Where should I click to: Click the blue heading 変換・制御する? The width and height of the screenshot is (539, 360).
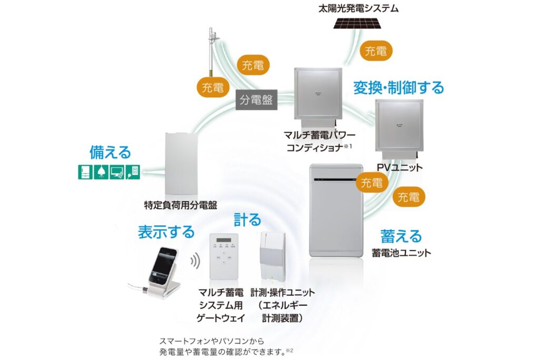398,87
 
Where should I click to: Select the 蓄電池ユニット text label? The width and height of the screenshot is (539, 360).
402,253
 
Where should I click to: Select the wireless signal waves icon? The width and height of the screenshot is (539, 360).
195,261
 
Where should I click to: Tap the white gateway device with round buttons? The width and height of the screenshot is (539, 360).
224,256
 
